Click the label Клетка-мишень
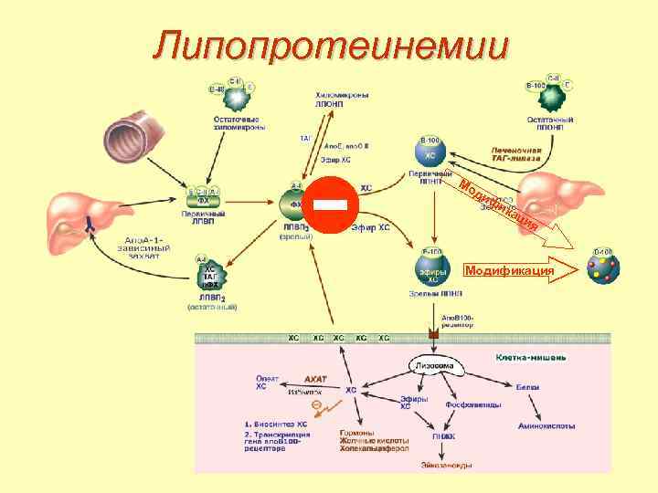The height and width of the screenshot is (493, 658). point(530,357)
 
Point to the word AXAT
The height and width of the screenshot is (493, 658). point(314,378)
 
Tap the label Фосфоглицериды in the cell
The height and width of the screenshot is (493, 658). point(472,404)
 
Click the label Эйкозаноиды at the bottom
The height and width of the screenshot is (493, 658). point(448,466)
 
